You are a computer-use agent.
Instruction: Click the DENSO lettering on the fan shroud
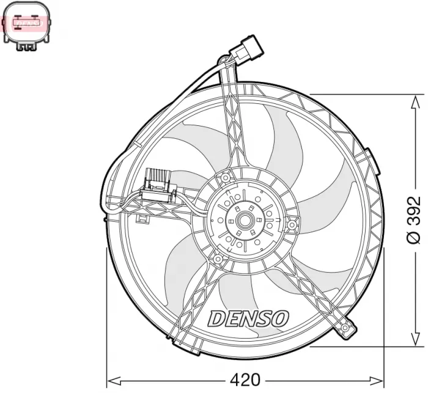248,318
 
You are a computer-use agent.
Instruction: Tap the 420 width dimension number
245,378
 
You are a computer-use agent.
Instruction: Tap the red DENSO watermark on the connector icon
28,23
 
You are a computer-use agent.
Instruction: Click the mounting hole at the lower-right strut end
346,331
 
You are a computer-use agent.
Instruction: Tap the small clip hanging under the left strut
143,218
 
